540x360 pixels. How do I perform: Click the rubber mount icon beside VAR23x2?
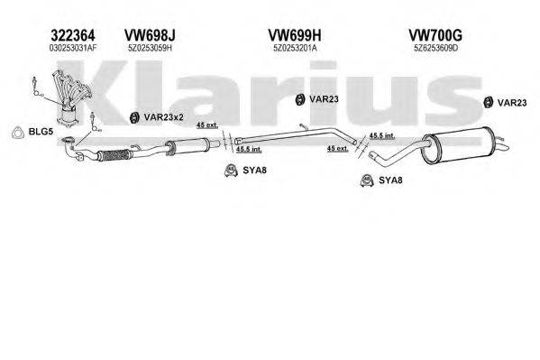134,115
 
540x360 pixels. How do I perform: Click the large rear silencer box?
459,144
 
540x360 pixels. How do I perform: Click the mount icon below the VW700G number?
488,102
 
